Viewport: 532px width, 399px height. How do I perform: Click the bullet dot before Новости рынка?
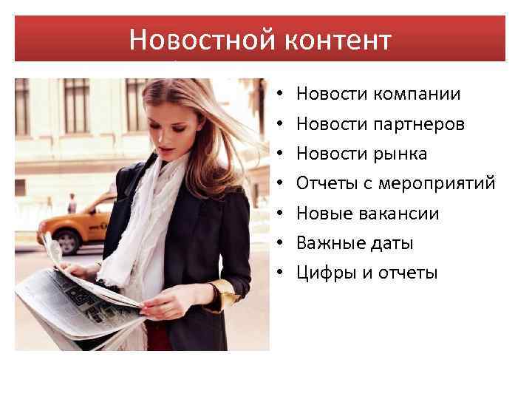(282, 155)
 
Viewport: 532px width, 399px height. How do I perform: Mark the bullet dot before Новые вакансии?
(282, 214)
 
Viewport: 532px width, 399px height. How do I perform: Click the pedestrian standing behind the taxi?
(72, 202)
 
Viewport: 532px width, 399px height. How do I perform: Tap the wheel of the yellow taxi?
(68, 241)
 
